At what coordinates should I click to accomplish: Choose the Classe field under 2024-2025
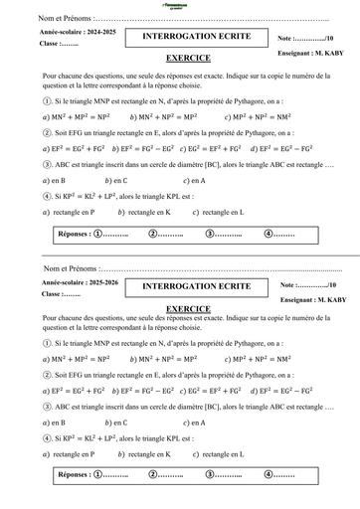pyautogui.click(x=60, y=45)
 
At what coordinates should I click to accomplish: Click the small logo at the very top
pyautogui.click(x=180, y=5)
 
